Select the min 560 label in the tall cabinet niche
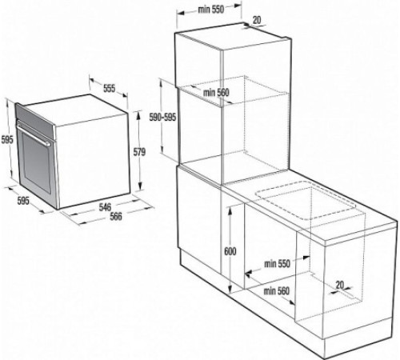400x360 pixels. click(216, 94)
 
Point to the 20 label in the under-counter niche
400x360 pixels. click(340, 283)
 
